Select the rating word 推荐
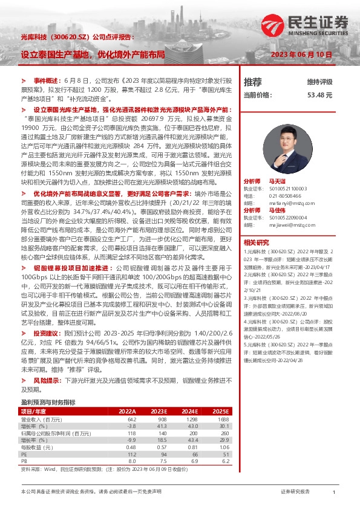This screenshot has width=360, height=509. pyautogui.click(x=253, y=82)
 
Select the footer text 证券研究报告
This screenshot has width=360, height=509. pyautogui.click(x=295, y=493)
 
